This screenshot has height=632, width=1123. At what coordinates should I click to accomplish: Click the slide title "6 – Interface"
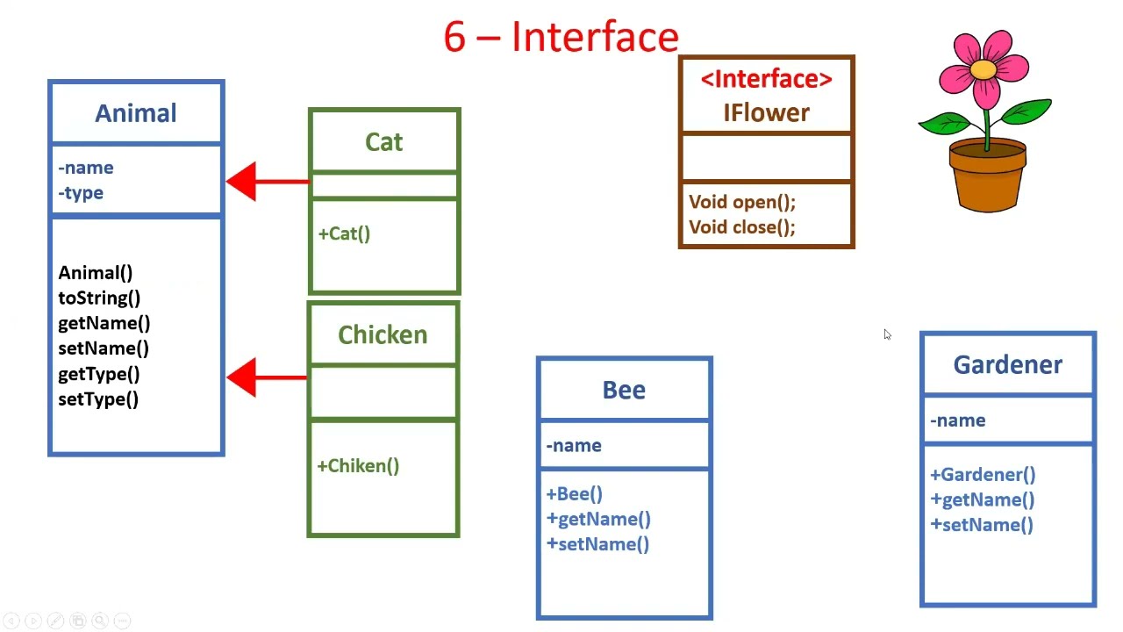(561, 38)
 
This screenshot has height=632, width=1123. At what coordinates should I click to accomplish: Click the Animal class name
(136, 113)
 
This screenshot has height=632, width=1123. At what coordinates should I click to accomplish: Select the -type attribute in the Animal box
(81, 193)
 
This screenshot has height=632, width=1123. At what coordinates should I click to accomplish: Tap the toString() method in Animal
(99, 298)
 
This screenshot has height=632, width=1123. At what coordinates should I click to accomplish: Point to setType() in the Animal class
(98, 399)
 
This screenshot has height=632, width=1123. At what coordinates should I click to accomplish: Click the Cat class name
(383, 142)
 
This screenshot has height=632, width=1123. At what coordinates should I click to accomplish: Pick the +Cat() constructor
(344, 234)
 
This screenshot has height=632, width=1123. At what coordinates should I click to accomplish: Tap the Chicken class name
(383, 335)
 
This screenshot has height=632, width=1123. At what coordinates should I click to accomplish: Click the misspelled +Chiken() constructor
(358, 466)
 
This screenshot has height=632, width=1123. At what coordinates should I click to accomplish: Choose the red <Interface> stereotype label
(766, 79)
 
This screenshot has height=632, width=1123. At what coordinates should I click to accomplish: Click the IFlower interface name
(766, 113)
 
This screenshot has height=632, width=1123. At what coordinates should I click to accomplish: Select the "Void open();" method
(742, 203)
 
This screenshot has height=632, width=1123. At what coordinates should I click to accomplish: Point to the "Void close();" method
(742, 227)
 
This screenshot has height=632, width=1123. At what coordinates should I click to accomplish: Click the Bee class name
(624, 390)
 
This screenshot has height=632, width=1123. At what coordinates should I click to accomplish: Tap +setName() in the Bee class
(597, 544)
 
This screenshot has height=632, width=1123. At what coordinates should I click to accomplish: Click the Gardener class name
(1007, 365)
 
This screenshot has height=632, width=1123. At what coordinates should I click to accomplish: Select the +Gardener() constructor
(983, 475)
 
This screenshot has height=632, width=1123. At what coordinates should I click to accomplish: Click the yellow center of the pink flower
(984, 68)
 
